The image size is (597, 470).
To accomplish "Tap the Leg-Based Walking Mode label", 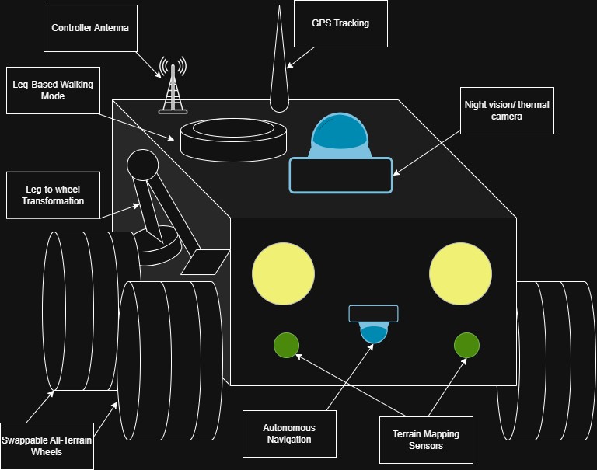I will (54, 91).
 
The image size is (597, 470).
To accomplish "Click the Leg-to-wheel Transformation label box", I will (52, 195).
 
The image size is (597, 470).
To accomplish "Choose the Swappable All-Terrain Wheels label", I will (47, 446).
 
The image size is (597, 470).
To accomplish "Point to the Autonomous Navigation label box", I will (289, 433).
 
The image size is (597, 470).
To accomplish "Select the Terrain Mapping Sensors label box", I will (425, 440).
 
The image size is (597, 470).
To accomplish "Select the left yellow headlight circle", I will (283, 273).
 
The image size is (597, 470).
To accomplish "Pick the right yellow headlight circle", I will (460, 273).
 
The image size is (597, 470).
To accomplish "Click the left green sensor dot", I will (286, 345).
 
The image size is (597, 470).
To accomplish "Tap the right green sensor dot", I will (466, 345).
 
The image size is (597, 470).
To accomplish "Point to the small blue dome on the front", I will (374, 333).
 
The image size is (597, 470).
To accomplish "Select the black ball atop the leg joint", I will (142, 164).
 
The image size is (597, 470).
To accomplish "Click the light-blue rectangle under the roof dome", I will (340, 175).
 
